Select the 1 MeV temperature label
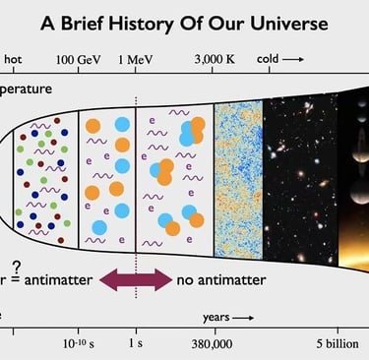click(134, 59)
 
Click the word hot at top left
click(13, 59)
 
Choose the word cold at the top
click(270, 59)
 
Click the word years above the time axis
click(217, 318)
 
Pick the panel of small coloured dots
click(46, 173)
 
